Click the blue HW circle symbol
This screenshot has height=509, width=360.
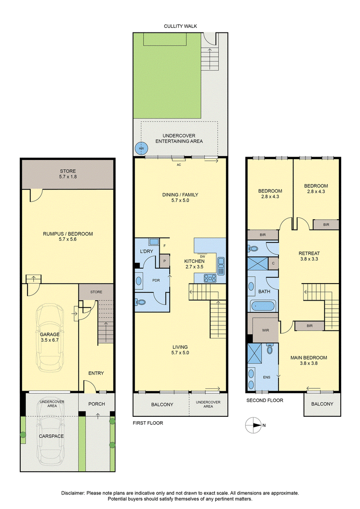point(141,149)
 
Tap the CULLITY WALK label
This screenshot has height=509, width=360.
point(180,26)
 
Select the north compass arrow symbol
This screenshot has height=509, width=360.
point(253,425)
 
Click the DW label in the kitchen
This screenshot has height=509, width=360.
point(202,257)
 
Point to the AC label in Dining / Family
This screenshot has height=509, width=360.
point(179,165)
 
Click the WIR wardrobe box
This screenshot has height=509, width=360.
point(265,330)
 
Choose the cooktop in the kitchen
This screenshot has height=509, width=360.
point(210,278)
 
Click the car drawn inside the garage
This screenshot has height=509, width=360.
point(50,338)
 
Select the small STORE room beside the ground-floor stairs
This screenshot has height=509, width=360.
point(96,292)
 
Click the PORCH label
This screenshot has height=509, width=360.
point(97,404)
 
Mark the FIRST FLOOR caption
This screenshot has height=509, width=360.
point(148,423)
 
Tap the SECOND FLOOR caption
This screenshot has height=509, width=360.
point(265,400)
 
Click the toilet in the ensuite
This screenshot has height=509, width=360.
point(270,349)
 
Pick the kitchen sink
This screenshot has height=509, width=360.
point(221,266)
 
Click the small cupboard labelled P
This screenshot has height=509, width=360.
point(165,261)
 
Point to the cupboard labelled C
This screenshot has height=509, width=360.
point(273,263)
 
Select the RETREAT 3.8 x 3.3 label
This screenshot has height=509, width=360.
point(309,256)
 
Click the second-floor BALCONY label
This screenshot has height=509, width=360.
point(322,404)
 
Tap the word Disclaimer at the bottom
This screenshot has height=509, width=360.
point(73,493)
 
